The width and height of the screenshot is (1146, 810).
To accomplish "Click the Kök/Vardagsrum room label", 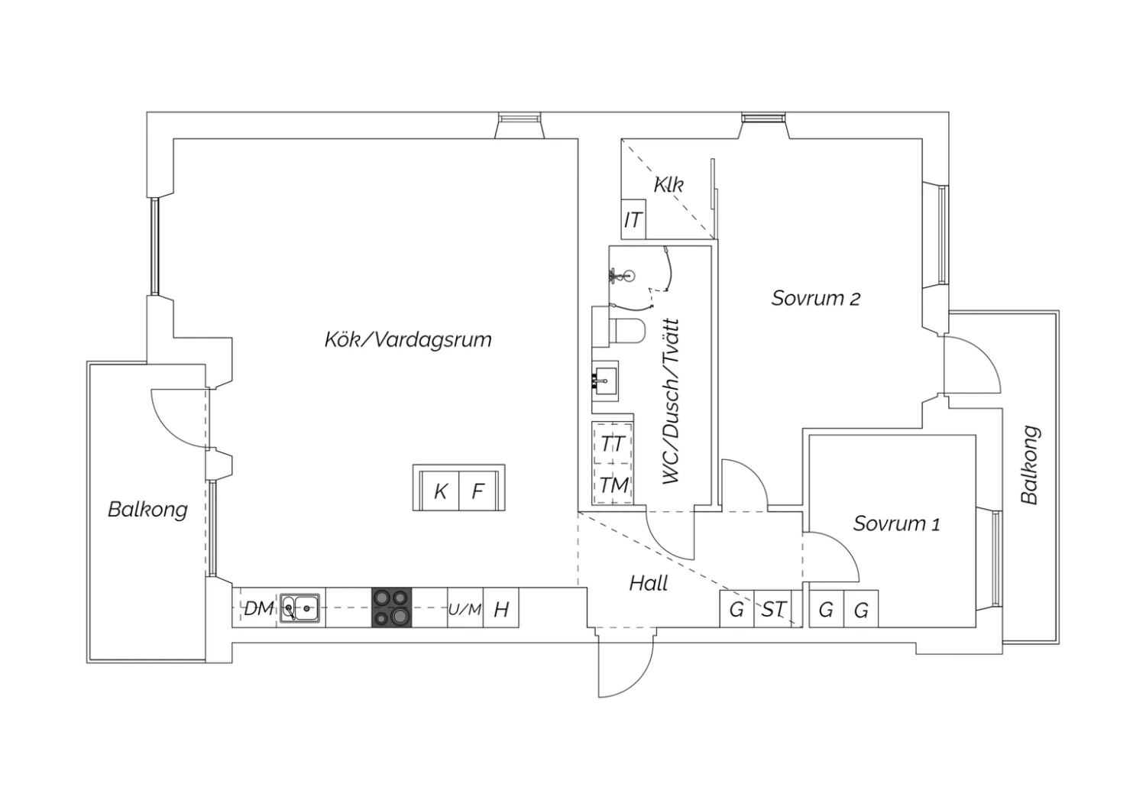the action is click(x=408, y=340).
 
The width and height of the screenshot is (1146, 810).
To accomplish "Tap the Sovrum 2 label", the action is click(x=815, y=298).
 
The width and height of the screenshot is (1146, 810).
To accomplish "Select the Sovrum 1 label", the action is click(x=896, y=523).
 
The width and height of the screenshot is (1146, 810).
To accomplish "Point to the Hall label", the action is click(x=648, y=583).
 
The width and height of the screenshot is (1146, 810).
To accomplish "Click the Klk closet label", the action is click(x=668, y=185).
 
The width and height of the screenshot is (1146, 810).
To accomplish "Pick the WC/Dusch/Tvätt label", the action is click(x=671, y=402).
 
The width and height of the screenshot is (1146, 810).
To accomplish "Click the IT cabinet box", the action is click(x=633, y=219).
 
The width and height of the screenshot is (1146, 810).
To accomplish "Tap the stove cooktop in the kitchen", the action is click(x=391, y=607).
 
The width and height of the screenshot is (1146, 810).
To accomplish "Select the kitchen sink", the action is click(x=299, y=608).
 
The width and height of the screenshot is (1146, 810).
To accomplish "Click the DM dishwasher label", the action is click(x=258, y=608).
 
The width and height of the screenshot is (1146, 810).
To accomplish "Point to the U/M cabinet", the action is click(x=465, y=608).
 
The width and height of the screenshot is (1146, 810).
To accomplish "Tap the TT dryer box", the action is click(x=613, y=442).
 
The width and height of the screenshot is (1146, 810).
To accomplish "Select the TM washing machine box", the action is click(x=613, y=484).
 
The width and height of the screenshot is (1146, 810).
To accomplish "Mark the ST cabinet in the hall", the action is click(x=772, y=609).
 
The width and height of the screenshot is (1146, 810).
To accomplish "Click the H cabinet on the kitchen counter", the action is click(x=501, y=608).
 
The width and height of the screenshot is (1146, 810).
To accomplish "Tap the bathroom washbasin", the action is click(x=605, y=381).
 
